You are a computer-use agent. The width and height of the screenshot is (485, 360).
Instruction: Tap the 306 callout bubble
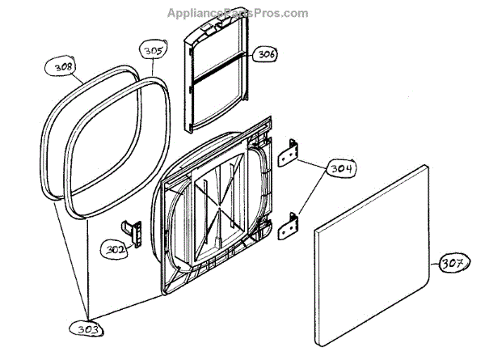point(265,54)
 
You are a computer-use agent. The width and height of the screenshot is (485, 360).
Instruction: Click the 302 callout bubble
point(116,250)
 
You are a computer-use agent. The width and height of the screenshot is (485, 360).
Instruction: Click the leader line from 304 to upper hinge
point(311,162)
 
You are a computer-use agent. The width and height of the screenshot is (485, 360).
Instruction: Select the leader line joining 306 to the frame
point(248,55)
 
